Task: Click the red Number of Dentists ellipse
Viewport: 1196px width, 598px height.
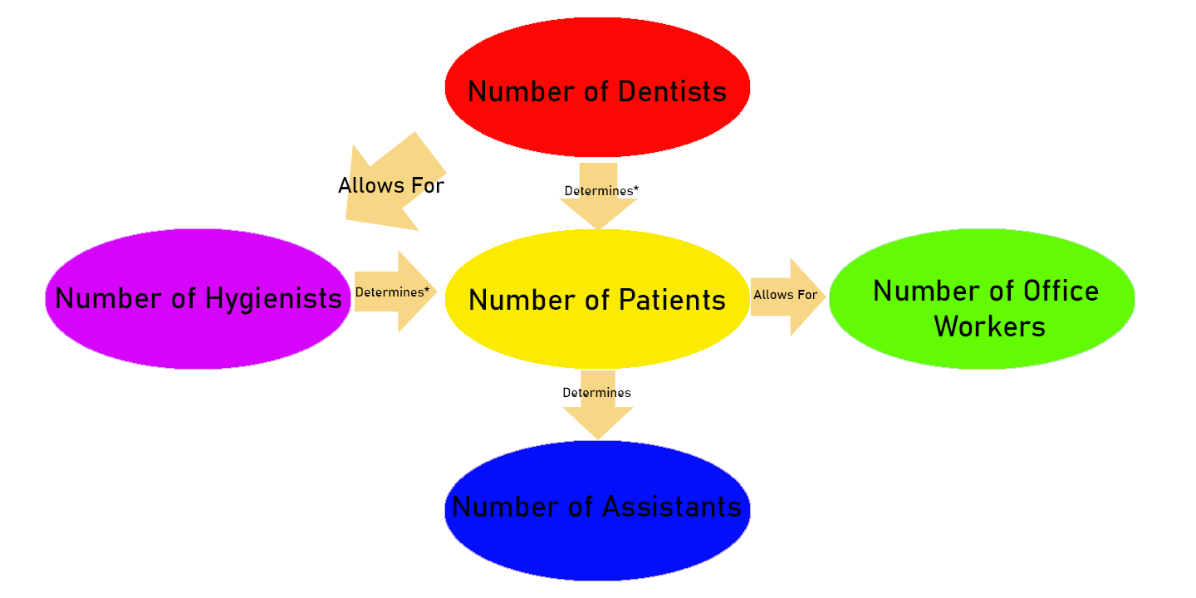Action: [x=597, y=50]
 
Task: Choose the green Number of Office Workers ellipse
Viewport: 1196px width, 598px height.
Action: [x=982, y=257]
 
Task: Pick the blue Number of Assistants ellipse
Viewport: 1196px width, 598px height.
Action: [x=597, y=544]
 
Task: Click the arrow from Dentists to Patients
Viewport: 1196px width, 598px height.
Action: [x=598, y=212]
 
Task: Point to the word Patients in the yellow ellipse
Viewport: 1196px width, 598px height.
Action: [x=672, y=300]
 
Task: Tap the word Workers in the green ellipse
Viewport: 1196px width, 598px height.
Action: [x=989, y=326]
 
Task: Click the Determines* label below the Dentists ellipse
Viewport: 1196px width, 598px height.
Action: [x=601, y=191]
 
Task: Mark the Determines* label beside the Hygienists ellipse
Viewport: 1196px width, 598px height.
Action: [x=392, y=292]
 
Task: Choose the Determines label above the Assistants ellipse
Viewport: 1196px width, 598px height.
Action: [x=596, y=393]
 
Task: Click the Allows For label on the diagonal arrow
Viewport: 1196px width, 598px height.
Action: [x=391, y=185]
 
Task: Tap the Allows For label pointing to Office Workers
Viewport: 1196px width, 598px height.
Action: [x=785, y=295]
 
